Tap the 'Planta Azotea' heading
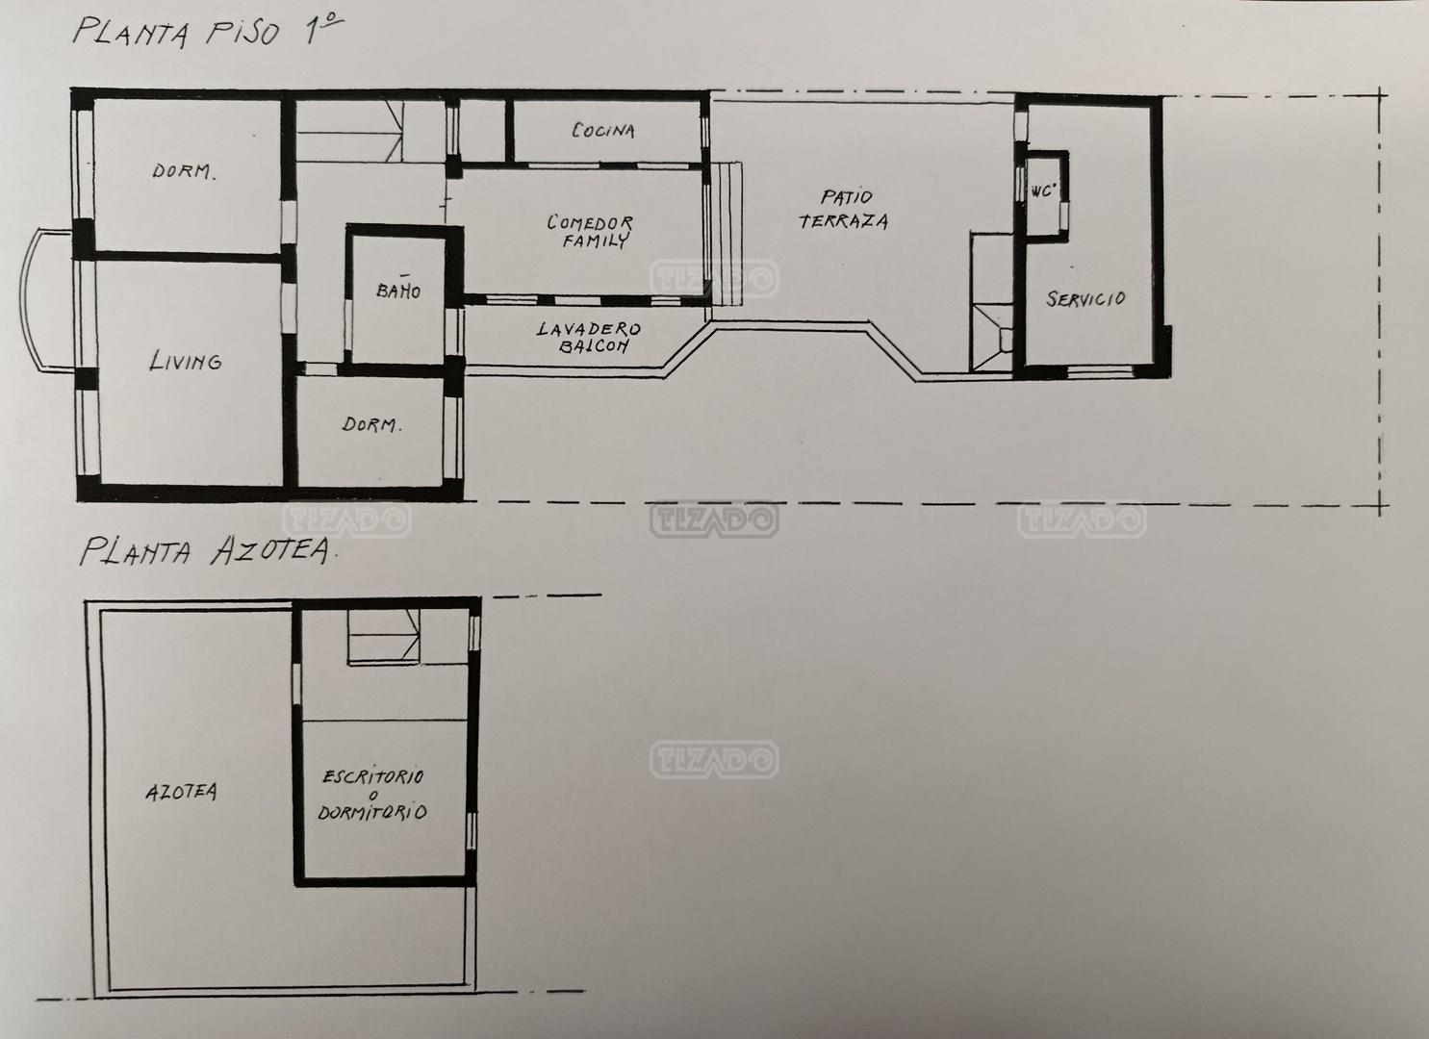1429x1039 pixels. click(206, 550)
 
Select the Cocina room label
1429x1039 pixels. click(603, 131)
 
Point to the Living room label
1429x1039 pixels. click(186, 361)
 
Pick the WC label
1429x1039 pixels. click(1042, 190)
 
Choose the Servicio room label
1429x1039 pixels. click(1085, 298)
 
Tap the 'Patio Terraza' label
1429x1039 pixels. click(844, 209)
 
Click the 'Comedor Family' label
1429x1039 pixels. click(590, 231)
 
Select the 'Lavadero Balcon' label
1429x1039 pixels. click(589, 337)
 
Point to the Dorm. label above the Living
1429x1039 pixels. click(184, 171)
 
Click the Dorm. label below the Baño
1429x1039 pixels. click(371, 424)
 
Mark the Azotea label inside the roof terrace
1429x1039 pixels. click(181, 792)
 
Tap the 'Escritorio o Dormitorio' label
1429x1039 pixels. click(372, 794)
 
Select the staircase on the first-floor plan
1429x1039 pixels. click(350, 132)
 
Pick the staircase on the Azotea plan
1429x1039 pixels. click(383, 637)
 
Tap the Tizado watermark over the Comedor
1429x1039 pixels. click(714, 278)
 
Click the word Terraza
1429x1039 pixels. click(844, 220)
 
